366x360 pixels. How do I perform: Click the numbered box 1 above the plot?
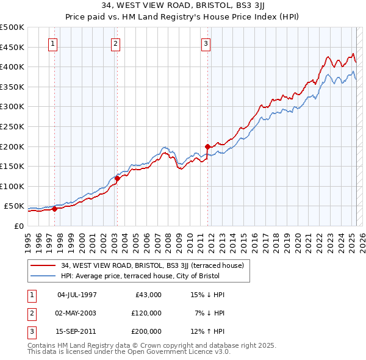pyautogui.click(x=54, y=43)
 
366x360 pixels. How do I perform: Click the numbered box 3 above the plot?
pyautogui.click(x=206, y=43)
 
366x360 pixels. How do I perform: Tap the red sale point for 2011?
pyautogui.click(x=207, y=146)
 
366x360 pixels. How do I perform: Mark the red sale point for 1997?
pyautogui.click(x=54, y=209)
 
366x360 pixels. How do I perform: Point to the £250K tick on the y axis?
pyautogui.click(x=13, y=126)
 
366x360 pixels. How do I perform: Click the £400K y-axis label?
pyautogui.click(x=13, y=67)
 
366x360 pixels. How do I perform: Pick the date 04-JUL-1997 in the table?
pyautogui.click(x=77, y=295)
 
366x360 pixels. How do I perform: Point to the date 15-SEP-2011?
pyautogui.click(x=77, y=331)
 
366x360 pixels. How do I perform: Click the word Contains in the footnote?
pyautogui.click(x=43, y=345)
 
